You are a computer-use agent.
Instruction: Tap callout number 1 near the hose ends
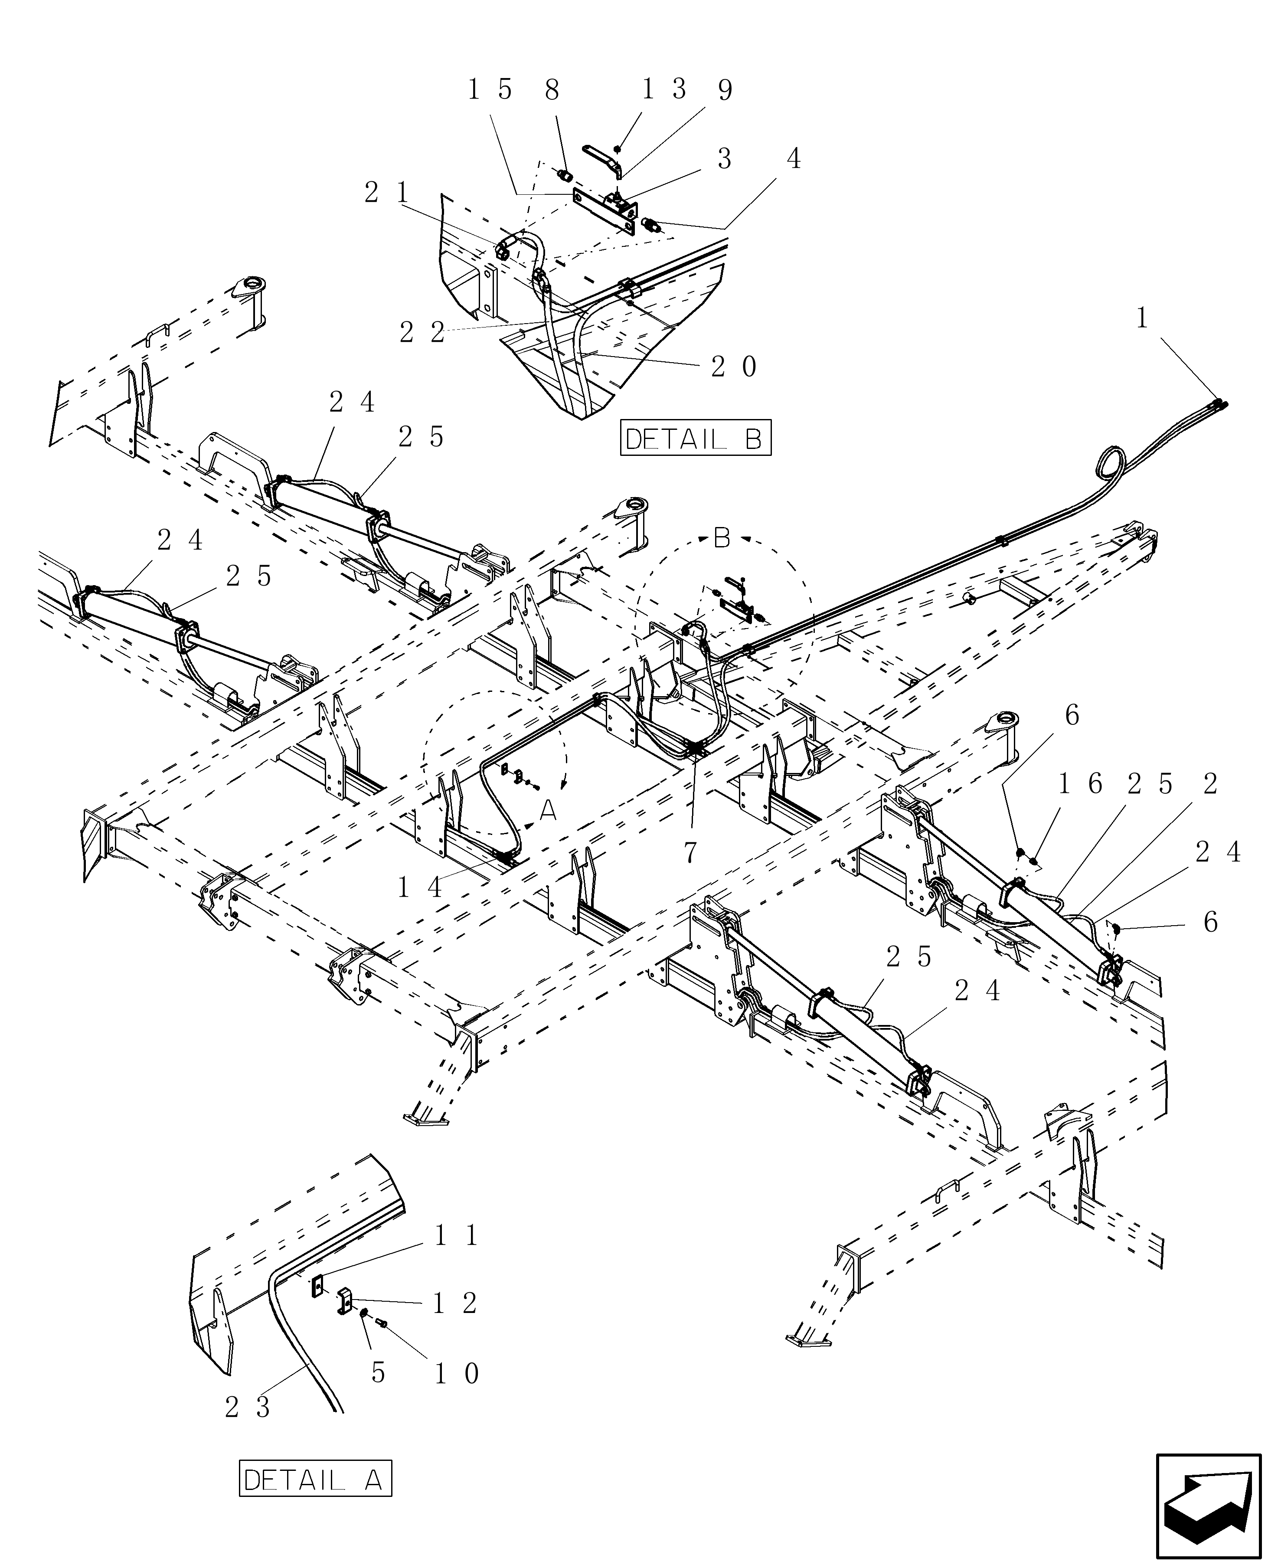click(1142, 318)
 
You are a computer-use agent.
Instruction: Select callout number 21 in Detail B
click(387, 193)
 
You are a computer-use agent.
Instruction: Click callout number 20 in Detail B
click(734, 367)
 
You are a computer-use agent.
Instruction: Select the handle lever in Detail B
click(601, 157)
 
